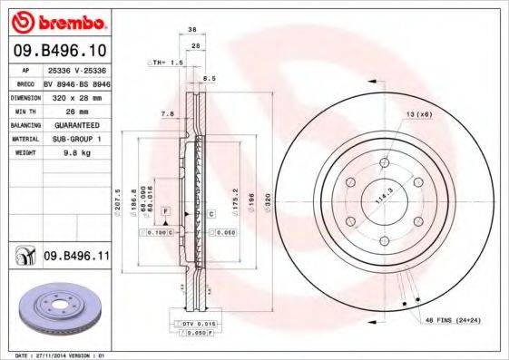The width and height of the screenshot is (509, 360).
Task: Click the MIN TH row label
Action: point(23,110)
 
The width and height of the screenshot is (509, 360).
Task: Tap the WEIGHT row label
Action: point(23,153)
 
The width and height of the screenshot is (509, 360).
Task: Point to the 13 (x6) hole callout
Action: point(418,113)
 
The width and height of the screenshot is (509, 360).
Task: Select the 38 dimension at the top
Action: point(192,30)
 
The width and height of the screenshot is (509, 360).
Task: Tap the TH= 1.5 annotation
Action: point(165,62)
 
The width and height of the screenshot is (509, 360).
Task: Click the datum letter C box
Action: point(210,214)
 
